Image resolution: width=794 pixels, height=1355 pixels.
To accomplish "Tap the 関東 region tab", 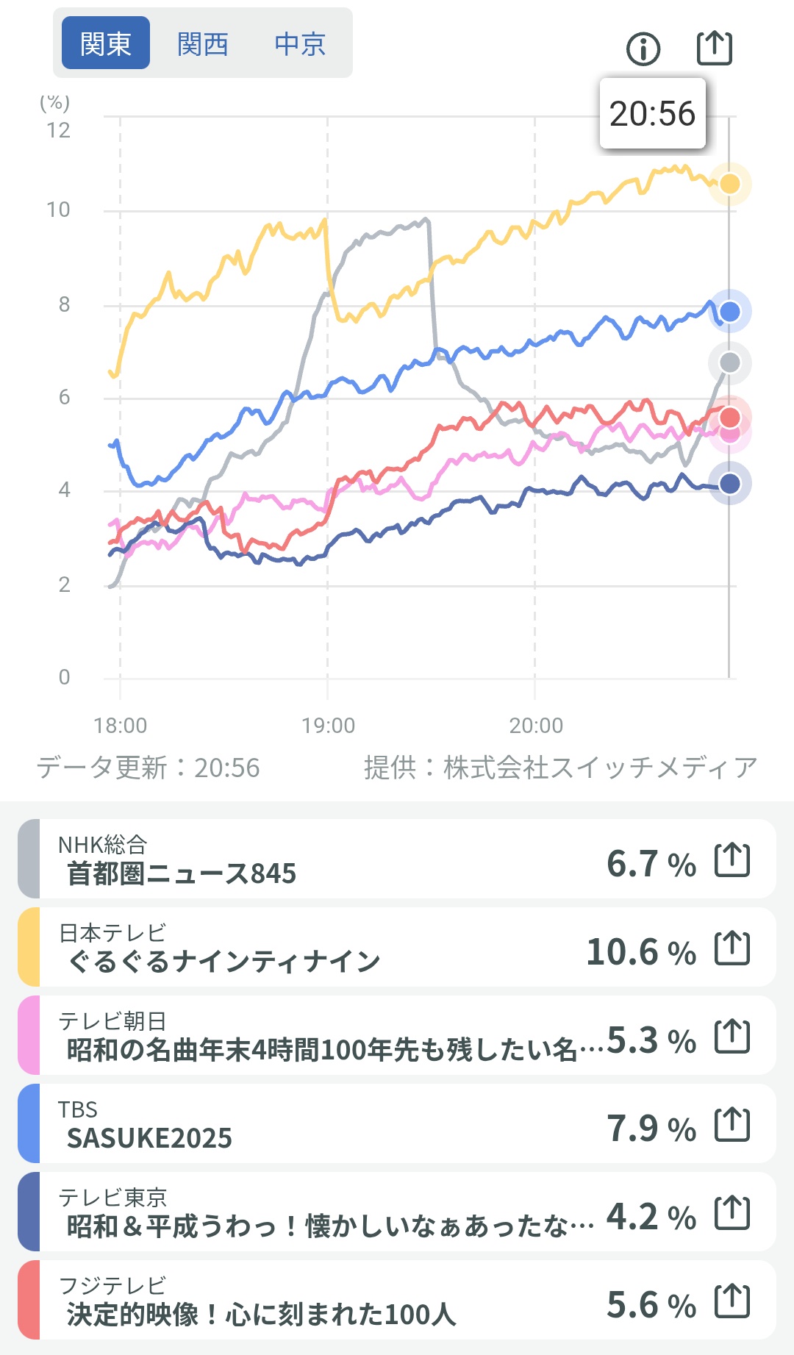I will coord(106,43).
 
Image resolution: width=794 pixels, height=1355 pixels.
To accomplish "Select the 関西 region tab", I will coord(203,44).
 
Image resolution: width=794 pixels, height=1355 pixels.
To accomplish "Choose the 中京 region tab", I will coord(300,44).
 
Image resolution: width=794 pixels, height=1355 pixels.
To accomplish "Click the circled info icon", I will coord(643,49).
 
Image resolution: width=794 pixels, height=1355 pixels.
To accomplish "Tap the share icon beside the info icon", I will coord(714,49).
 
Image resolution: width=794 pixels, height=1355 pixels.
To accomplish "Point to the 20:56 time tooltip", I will coord(652,114).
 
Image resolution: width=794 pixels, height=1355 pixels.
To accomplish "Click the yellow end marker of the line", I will coord(729,183).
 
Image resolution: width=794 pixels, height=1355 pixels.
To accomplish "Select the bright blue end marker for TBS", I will coord(729,312).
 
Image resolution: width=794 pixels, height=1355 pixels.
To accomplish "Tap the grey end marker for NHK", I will coord(729,362).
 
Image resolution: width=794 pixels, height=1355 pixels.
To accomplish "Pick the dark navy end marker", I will coord(729,483).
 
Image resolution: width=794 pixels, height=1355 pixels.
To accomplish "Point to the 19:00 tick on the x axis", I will coord(328,726).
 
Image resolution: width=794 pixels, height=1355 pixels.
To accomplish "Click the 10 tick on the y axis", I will coord(58,210).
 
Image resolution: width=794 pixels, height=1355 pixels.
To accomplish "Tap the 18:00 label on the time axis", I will coord(121,726).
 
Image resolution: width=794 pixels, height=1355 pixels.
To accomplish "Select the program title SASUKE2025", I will coord(149,1138).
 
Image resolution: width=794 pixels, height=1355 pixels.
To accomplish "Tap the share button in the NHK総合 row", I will coord(732,859).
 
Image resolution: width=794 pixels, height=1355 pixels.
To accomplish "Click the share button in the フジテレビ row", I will coord(732,1301).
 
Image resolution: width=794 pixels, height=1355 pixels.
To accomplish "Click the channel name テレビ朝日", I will coord(112,1020).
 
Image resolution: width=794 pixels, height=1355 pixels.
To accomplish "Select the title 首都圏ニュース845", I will coord(182,873).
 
